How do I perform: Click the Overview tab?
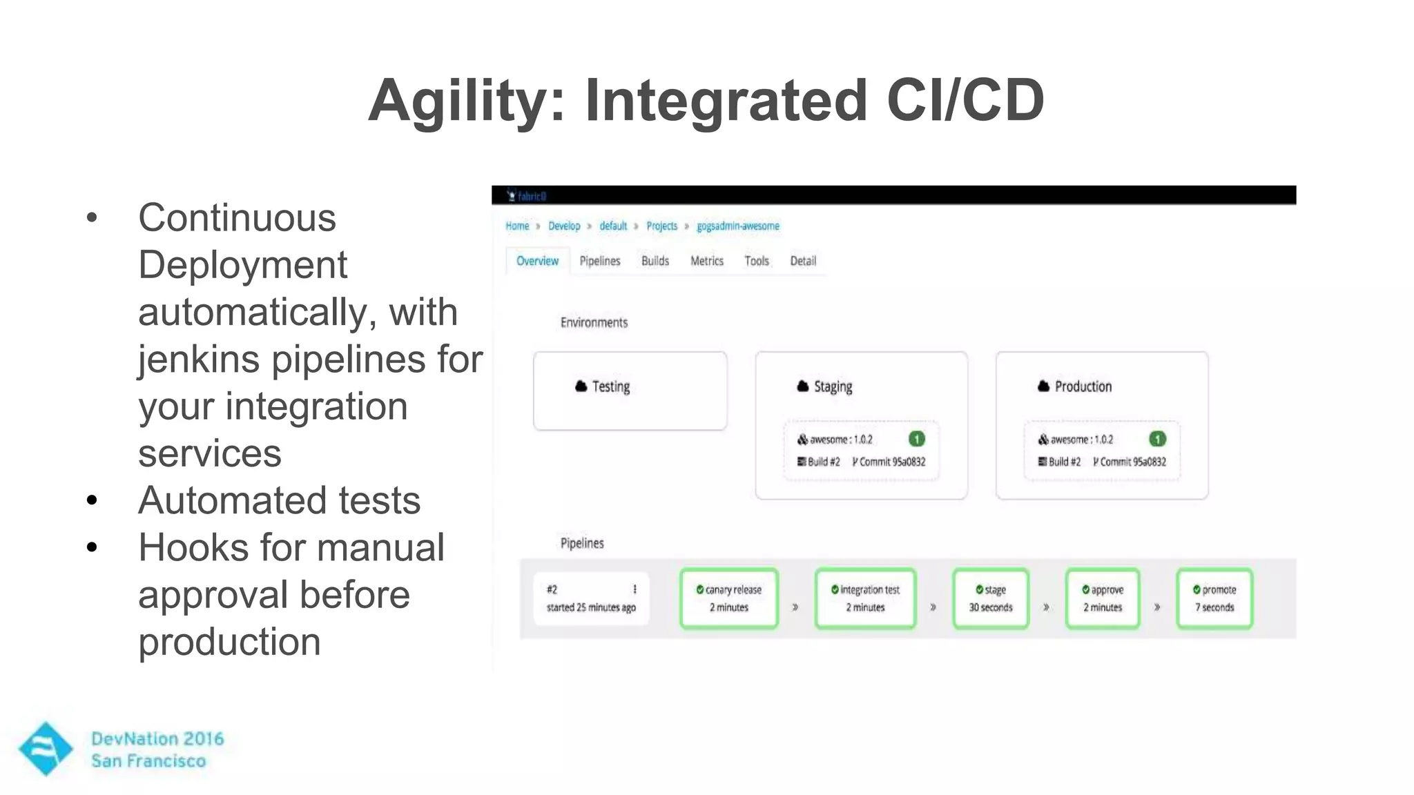[x=537, y=261]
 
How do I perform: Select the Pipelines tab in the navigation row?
[x=599, y=261]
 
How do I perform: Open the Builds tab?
[x=655, y=261]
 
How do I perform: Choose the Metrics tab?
[x=706, y=261]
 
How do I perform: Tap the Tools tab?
[x=756, y=261]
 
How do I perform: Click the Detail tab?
[x=802, y=261]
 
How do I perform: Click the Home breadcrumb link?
[x=516, y=226]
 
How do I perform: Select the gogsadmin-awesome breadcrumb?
[x=737, y=226]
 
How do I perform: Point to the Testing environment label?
[x=610, y=386]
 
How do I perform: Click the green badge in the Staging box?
[x=916, y=439]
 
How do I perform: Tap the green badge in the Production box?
[x=1157, y=439]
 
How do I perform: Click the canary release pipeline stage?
[x=729, y=598]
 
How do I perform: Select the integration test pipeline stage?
[x=865, y=598]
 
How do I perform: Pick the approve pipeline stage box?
[x=1102, y=598]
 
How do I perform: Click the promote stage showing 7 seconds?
[x=1214, y=598]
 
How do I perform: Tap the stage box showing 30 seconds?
[x=991, y=598]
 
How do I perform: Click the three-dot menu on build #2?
[x=635, y=589]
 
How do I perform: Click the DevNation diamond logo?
[x=46, y=749]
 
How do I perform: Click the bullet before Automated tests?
[x=93, y=500]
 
